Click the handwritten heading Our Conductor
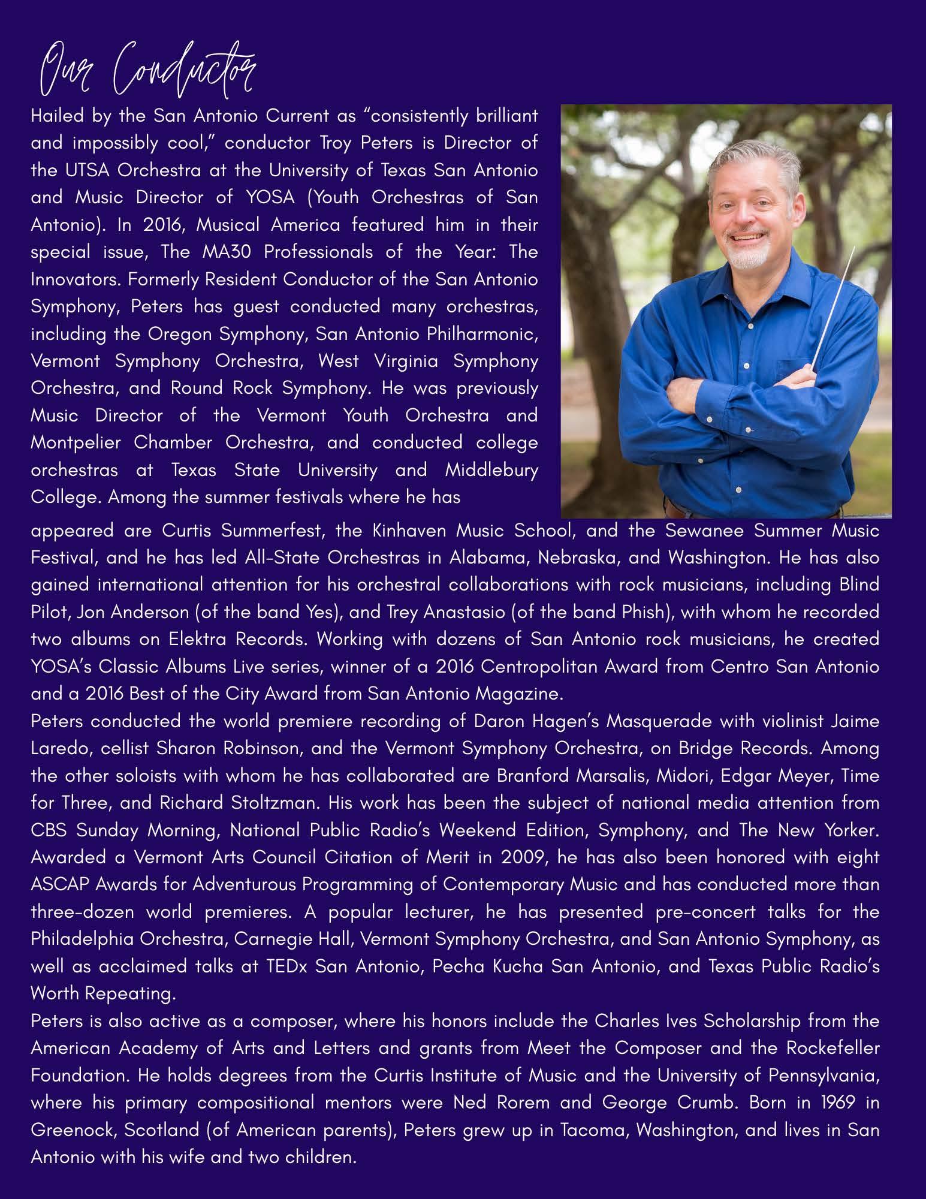click(x=144, y=75)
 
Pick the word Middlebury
click(x=491, y=469)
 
